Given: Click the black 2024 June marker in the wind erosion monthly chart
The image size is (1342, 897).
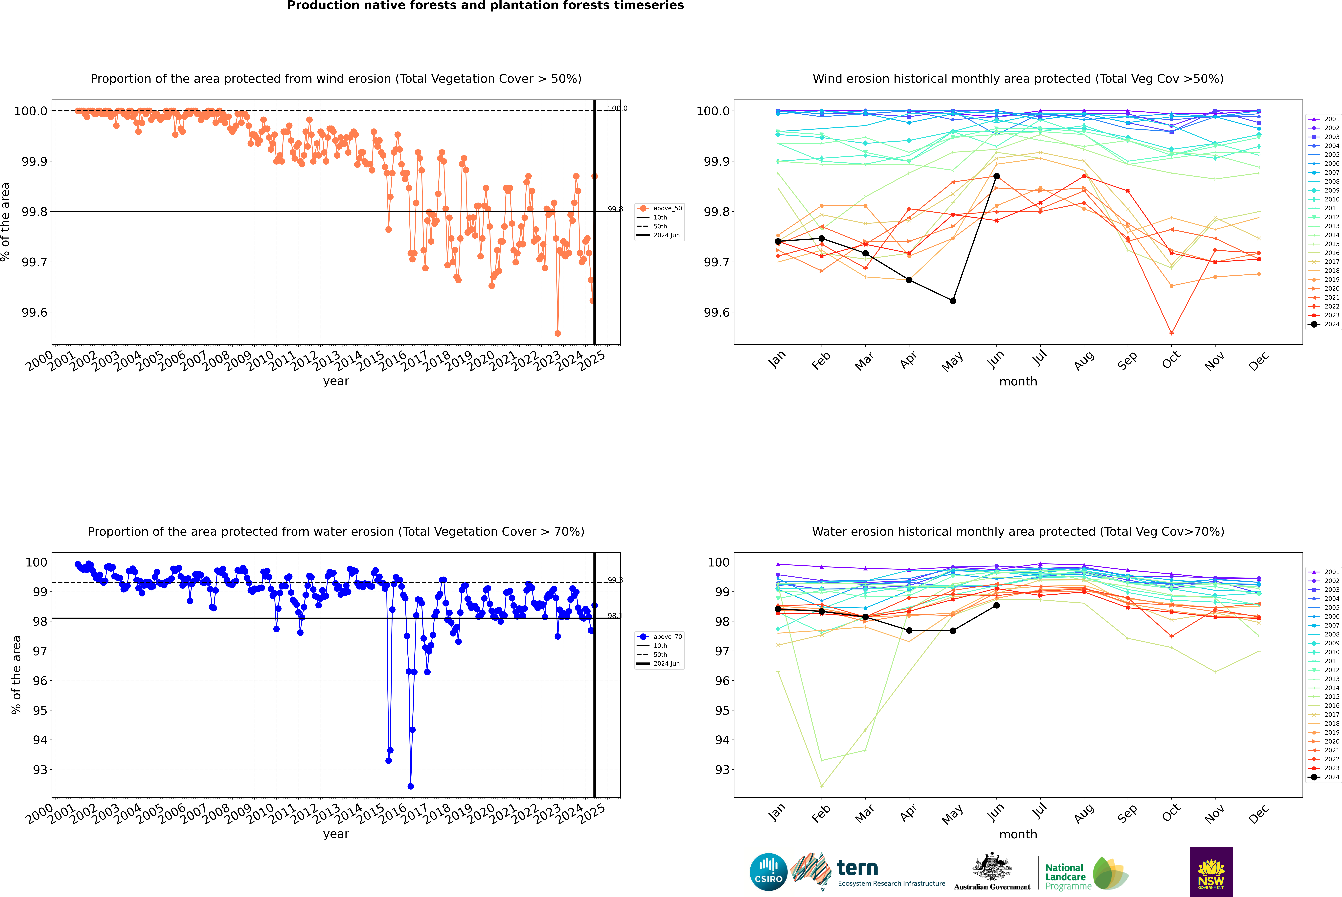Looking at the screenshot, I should tap(996, 176).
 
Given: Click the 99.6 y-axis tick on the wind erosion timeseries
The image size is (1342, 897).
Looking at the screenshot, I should tap(34, 312).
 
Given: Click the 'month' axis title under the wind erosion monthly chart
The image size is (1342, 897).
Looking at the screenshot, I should tap(1018, 382).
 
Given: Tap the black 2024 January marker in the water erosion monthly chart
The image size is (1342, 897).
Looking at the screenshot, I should tap(778, 609).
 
